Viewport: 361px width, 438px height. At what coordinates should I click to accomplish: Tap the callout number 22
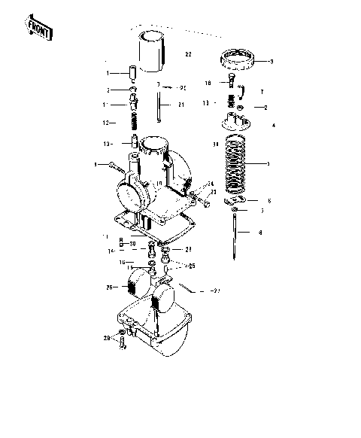pyautogui.click(x=188, y=54)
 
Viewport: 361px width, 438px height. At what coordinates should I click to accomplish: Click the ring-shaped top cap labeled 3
pyautogui.click(x=240, y=57)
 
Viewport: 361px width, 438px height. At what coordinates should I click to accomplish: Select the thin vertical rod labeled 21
pyautogui.click(x=159, y=105)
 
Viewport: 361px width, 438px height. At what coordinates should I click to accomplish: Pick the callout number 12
pyautogui.click(x=108, y=122)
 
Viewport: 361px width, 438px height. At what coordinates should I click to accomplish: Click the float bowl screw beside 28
pyautogui.click(x=121, y=344)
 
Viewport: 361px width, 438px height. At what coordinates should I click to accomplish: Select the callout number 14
pyautogui.click(x=110, y=251)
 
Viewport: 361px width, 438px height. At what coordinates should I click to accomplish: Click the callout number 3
pyautogui.click(x=272, y=62)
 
